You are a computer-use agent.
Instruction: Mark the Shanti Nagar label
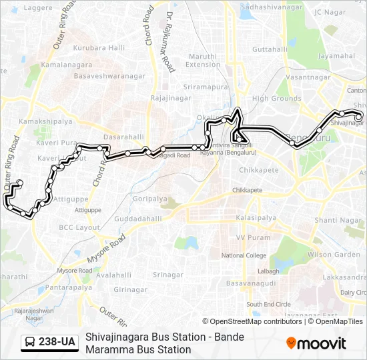pos(333,220)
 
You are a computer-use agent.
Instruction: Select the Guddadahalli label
pos(138,219)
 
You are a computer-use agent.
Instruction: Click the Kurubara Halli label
pos(99,47)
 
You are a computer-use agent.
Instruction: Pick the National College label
pos(244,255)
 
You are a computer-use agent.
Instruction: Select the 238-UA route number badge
pos(57,342)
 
